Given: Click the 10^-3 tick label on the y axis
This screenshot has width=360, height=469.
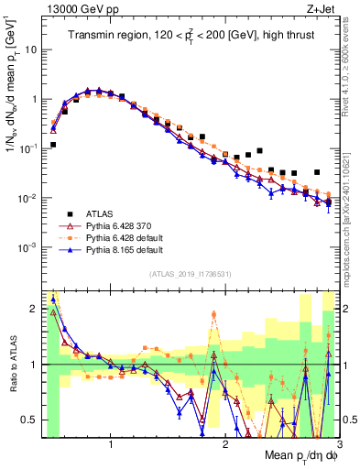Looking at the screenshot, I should (x=27, y=247).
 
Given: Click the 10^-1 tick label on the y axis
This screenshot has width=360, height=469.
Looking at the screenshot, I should (x=27, y=148).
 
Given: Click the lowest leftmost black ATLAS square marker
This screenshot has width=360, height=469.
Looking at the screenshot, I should (x=53, y=145).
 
